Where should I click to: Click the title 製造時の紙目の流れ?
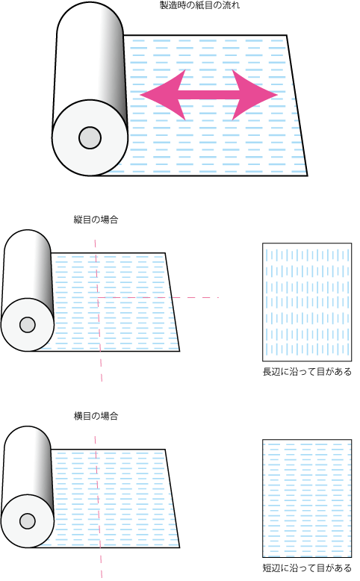click(x=199, y=5)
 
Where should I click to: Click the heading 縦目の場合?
click(x=96, y=220)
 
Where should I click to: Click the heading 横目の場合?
click(x=96, y=416)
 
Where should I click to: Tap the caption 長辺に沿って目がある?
click(x=307, y=372)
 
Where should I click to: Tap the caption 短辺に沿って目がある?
click(x=307, y=568)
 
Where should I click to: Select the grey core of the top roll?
click(x=90, y=137)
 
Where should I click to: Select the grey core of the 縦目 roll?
click(x=28, y=325)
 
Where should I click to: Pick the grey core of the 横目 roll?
click(x=28, y=521)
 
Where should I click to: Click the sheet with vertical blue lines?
click(x=307, y=302)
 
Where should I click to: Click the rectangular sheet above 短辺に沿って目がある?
click(x=307, y=498)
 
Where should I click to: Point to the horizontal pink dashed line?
click(x=158, y=297)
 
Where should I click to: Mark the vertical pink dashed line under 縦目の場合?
click(x=99, y=311)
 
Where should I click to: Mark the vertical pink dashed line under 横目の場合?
click(x=99, y=507)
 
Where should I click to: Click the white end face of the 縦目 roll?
click(x=28, y=325)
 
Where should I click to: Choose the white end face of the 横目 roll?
click(x=28, y=521)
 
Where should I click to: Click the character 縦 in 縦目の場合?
click(x=78, y=220)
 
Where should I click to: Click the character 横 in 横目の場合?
click(x=78, y=416)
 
